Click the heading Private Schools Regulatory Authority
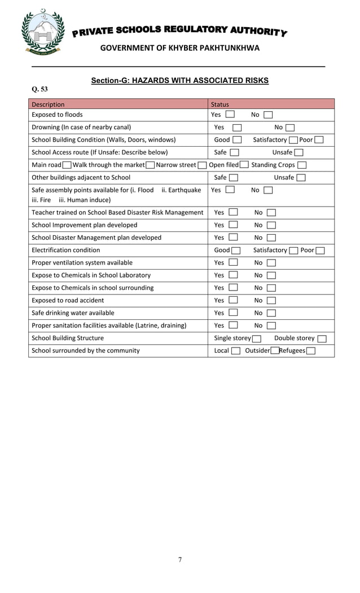[179, 31]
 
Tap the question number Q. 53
[39, 89]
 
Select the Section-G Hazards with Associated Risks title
[179, 81]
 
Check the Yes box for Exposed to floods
[230, 115]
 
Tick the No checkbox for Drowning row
[290, 128]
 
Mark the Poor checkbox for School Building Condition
[319, 140]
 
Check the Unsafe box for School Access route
[298, 152]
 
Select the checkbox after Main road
[67, 165]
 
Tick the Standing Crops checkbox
[302, 165]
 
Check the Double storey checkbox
[322, 339]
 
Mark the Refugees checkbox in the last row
[310, 351]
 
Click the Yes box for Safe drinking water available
[233, 313]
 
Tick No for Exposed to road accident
[271, 300]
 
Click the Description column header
[48, 104]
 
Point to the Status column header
[219, 104]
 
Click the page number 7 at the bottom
[180, 560]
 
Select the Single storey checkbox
[257, 339]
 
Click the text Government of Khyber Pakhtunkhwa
[179, 48]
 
